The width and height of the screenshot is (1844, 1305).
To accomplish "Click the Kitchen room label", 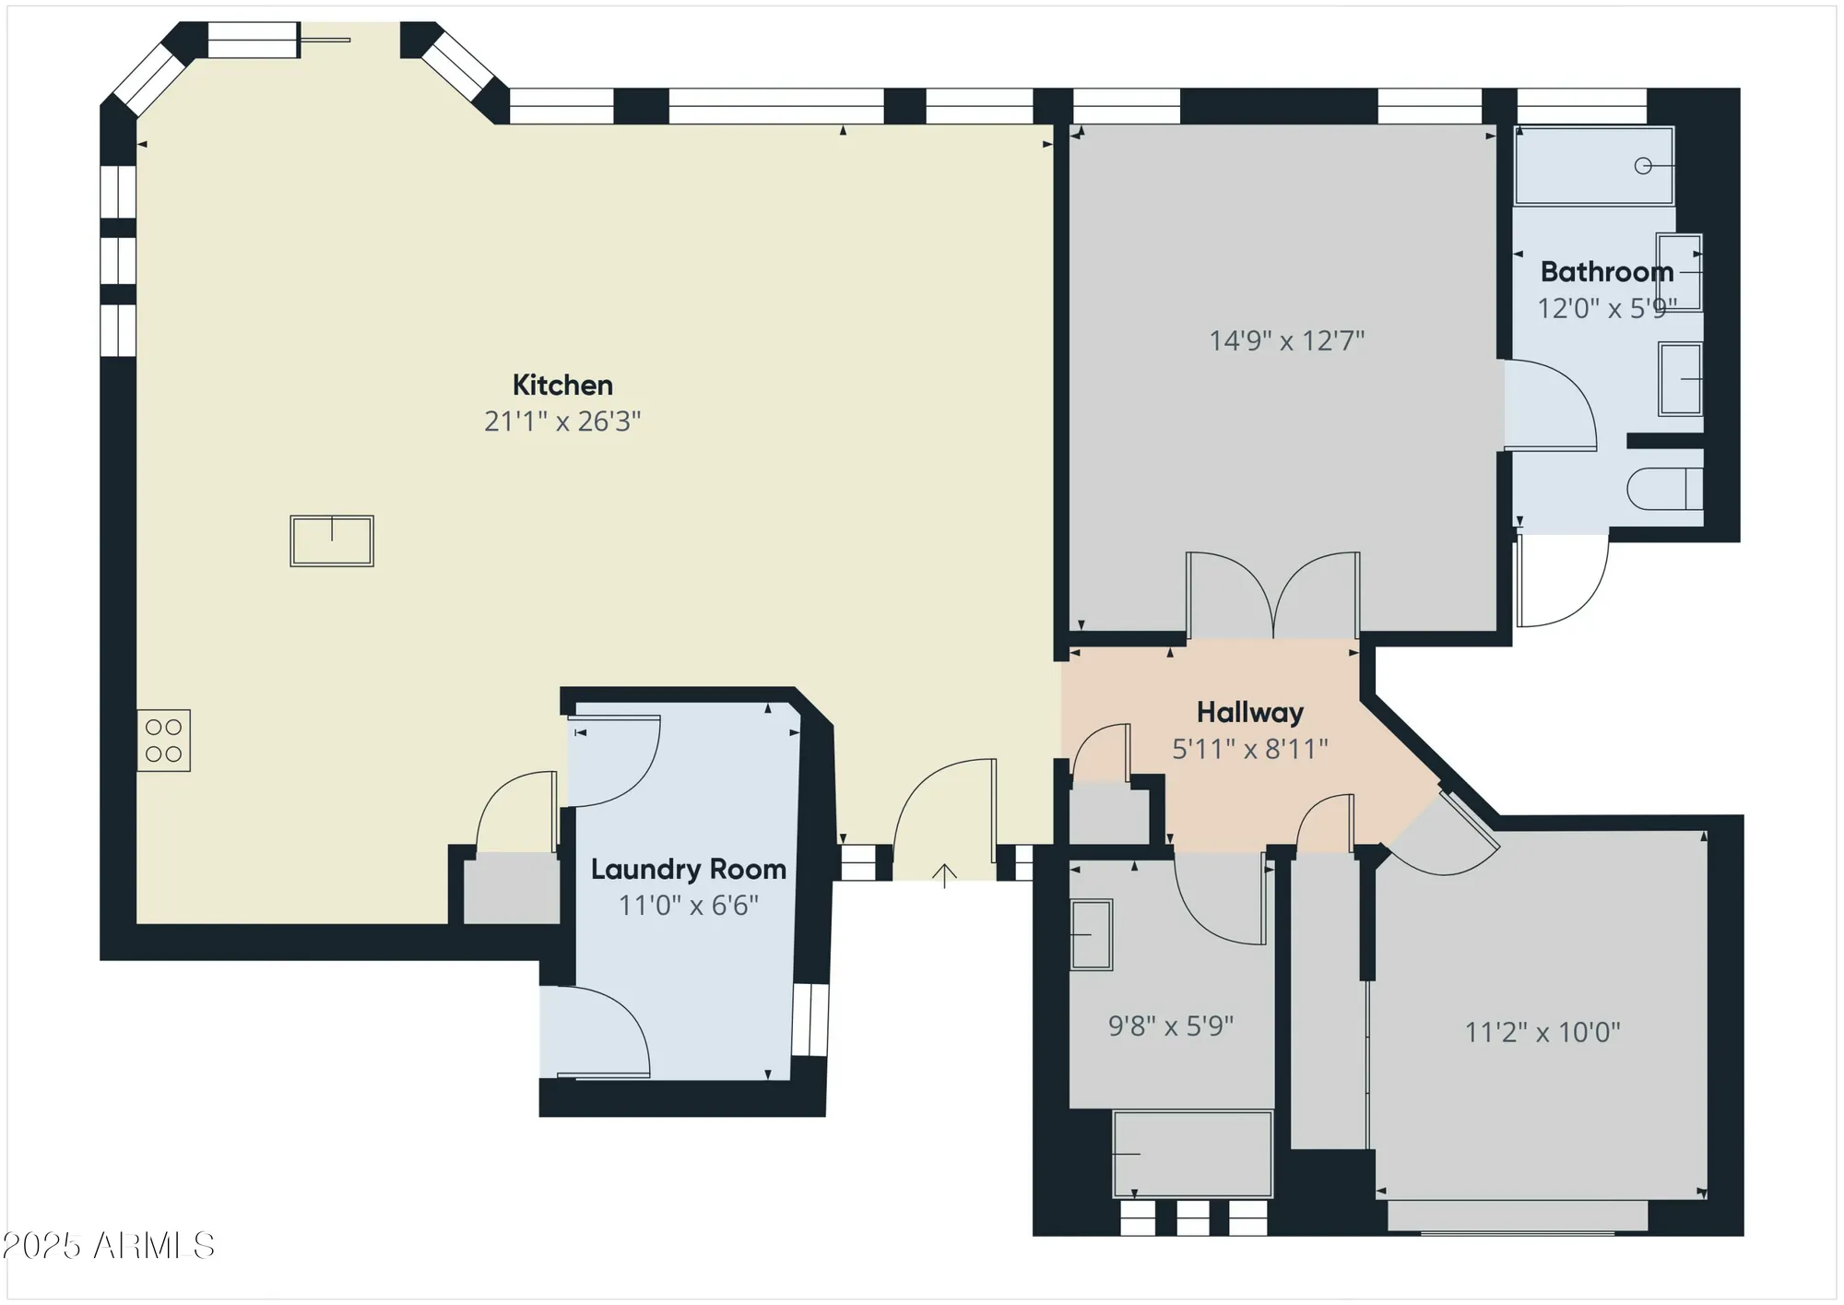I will (x=562, y=385).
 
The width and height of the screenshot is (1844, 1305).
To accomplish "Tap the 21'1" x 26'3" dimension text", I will (x=562, y=421).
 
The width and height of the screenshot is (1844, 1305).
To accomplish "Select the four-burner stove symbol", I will (x=164, y=741).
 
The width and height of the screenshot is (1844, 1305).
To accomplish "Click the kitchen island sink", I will (x=332, y=540).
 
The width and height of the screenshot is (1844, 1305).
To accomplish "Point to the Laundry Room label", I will (x=689, y=870).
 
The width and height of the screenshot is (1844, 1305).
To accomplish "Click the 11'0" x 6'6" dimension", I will (x=689, y=906).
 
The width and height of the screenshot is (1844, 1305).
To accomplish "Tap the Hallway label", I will (x=1250, y=712).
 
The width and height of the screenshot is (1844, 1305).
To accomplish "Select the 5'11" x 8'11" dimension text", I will (x=1250, y=749).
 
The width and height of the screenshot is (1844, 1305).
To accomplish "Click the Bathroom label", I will (x=1607, y=272).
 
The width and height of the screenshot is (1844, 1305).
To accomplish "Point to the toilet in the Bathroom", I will (x=1664, y=489).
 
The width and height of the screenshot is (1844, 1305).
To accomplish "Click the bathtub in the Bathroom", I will (x=1594, y=166).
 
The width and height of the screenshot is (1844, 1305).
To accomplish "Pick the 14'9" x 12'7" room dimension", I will (x=1287, y=341).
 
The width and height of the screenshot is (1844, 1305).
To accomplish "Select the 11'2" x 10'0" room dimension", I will (x=1543, y=1032).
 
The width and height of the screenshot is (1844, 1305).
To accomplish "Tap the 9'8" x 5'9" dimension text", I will (x=1171, y=1026).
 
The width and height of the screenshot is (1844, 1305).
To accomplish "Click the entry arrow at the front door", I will (x=944, y=874).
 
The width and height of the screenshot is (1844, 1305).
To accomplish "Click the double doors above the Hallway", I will (x=1273, y=595).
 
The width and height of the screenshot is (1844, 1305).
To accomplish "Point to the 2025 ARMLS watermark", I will (x=109, y=1246).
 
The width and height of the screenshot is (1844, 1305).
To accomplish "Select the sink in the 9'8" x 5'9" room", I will (x=1092, y=934).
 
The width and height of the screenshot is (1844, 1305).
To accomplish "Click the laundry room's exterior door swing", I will (x=599, y=1033).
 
